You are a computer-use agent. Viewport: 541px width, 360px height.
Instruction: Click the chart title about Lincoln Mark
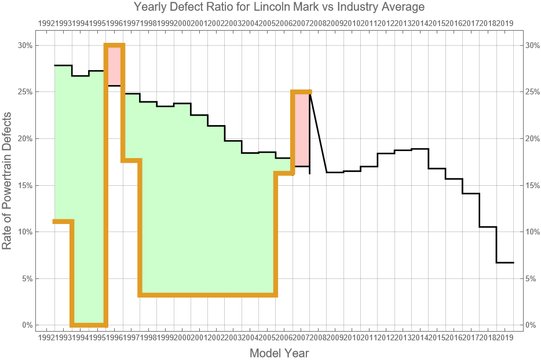pos(279,8)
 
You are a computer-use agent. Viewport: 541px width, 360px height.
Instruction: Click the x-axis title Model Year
pos(279,352)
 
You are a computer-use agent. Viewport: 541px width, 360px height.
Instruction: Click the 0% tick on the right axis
pos(532,325)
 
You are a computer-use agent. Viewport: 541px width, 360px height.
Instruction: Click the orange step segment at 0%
pos(89,325)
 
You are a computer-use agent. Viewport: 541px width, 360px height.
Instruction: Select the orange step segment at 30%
pos(114,46)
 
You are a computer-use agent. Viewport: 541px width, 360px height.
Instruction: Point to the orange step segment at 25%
pos(301,92)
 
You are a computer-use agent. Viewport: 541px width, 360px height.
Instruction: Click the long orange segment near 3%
pos(207,295)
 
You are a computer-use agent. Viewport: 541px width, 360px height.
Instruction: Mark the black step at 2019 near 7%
pos(505,263)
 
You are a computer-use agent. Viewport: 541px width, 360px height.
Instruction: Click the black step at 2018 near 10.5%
pos(488,227)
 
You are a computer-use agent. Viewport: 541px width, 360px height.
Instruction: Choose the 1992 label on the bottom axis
pos(46,337)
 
